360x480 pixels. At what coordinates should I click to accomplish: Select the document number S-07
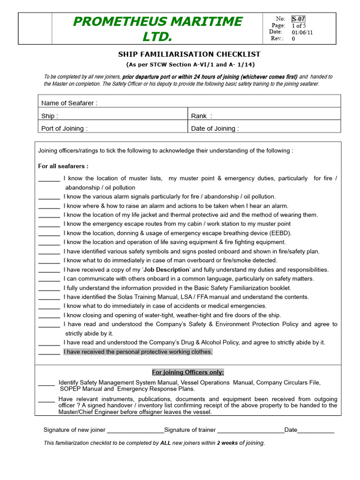click(298, 19)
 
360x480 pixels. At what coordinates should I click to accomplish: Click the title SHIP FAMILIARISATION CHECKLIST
click(190, 54)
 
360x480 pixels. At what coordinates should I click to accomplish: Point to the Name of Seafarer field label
click(69, 103)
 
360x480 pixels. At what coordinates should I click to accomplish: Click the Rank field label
click(202, 116)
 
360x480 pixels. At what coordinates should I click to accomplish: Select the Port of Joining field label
click(64, 128)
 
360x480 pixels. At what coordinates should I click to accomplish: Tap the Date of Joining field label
click(215, 128)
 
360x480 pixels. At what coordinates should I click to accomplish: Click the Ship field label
click(50, 116)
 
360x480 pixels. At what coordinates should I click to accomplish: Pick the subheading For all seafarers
click(63, 166)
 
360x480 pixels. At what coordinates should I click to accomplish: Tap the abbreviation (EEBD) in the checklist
click(280, 233)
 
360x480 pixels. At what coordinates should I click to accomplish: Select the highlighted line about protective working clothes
click(138, 352)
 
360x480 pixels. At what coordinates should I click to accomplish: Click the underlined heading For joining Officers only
click(187, 372)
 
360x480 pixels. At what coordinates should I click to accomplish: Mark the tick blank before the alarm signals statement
click(49, 196)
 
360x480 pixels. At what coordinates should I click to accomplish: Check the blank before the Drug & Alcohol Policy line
click(49, 343)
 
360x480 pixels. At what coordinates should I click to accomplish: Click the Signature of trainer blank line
click(250, 430)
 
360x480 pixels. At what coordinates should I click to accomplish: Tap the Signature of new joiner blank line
click(135, 430)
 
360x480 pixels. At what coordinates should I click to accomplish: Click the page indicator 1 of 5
click(299, 25)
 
